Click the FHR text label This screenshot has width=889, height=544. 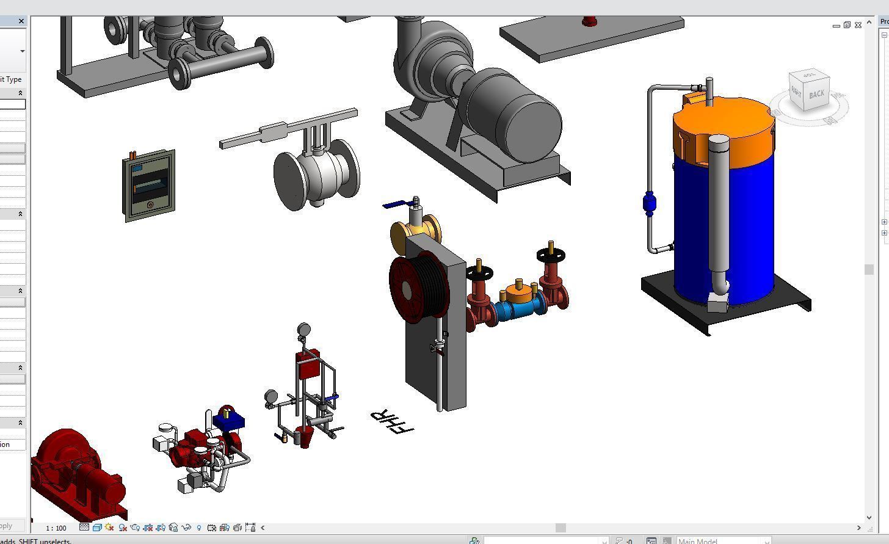click(x=392, y=421)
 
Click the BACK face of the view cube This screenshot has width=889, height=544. click(x=816, y=94)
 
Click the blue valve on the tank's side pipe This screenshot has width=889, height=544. click(x=649, y=203)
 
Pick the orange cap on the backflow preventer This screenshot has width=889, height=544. click(x=519, y=293)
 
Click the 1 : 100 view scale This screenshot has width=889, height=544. click(x=56, y=528)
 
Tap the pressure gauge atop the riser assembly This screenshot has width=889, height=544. click(x=303, y=330)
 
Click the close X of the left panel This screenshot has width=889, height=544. click(x=21, y=21)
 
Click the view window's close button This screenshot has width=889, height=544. click(x=858, y=25)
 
